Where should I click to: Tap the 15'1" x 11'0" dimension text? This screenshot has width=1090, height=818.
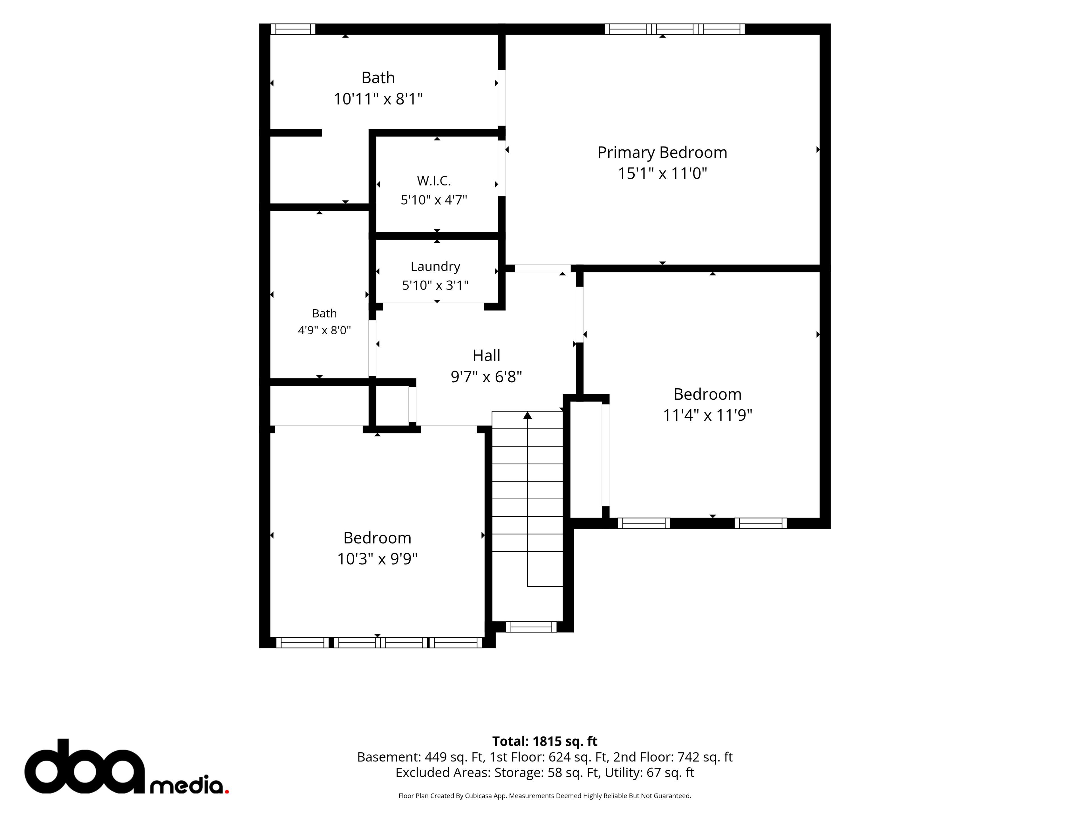[662, 174]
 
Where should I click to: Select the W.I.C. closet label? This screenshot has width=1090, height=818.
[434, 181]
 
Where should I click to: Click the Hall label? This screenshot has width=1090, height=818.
[486, 356]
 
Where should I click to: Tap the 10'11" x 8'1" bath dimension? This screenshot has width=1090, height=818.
[378, 99]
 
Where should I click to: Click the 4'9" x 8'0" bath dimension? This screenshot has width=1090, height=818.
[324, 330]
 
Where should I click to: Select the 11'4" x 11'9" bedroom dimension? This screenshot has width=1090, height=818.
[707, 415]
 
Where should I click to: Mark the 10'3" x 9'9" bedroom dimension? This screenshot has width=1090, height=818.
[377, 559]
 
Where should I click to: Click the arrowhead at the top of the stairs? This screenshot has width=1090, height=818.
[527, 415]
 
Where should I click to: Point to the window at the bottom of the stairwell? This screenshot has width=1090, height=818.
[531, 627]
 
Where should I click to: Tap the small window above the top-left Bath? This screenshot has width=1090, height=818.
[293, 29]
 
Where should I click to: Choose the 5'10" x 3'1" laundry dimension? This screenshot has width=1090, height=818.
[435, 285]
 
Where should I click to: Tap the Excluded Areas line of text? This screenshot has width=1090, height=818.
[544, 773]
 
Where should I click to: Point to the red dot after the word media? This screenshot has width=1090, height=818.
[227, 791]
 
